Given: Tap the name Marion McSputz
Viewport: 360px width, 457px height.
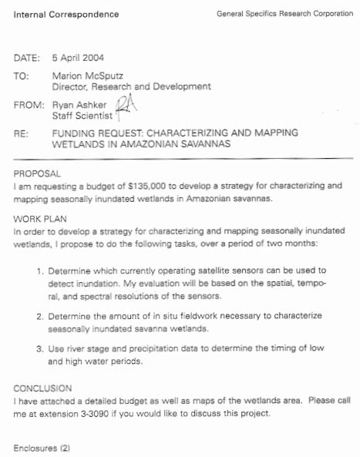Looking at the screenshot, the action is pyautogui.click(x=89, y=76).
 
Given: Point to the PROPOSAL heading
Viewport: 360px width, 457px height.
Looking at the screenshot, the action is pyautogui.click(x=37, y=174).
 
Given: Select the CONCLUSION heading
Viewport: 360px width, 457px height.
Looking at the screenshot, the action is pyautogui.click(x=43, y=388).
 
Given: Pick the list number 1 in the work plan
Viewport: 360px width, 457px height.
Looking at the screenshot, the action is pyautogui.click(x=40, y=271).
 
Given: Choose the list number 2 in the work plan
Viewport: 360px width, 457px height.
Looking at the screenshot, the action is pyautogui.click(x=40, y=317).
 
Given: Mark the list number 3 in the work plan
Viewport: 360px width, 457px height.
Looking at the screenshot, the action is pyautogui.click(x=40, y=349).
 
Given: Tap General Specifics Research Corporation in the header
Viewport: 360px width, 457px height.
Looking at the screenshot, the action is pyautogui.click(x=285, y=14).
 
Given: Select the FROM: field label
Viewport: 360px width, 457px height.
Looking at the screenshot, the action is pyautogui.click(x=29, y=104).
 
